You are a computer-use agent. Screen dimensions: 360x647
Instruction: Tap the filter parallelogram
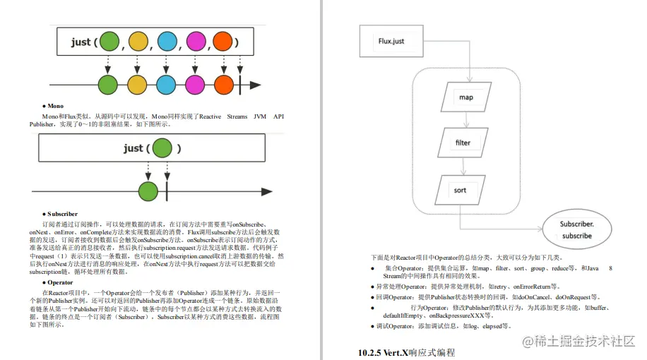(x=463, y=143)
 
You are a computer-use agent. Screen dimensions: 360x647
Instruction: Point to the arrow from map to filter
(x=463, y=119)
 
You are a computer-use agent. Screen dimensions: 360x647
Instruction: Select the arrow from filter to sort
(x=463, y=166)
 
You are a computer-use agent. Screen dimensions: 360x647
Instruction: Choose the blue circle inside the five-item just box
(x=166, y=42)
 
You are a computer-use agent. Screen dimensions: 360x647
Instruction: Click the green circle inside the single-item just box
(x=162, y=148)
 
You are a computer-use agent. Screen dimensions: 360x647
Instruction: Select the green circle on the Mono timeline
(x=148, y=191)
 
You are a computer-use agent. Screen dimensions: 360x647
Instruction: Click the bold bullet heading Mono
(x=54, y=106)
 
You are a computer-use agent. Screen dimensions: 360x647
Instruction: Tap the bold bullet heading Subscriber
(x=61, y=214)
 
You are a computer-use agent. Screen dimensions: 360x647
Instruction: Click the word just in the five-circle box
(x=81, y=42)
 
